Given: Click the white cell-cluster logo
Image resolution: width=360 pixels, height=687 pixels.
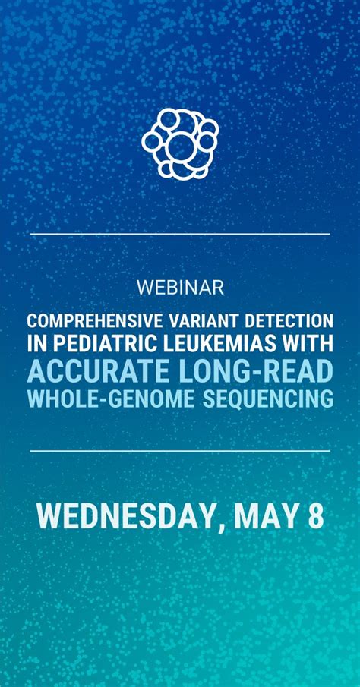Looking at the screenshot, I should (x=180, y=142).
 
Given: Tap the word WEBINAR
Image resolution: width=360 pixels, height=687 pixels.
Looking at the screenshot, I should (x=180, y=288).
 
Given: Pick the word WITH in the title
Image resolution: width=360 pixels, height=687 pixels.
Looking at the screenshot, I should (x=309, y=345).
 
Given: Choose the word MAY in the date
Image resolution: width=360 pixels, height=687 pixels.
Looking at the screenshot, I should (x=267, y=516).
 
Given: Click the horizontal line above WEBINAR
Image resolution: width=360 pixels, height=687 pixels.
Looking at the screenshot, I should (x=180, y=234).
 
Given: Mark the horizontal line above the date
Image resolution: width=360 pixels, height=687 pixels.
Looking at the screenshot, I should (x=180, y=451).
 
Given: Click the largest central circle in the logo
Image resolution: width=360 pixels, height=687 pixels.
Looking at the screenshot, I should (x=181, y=146).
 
